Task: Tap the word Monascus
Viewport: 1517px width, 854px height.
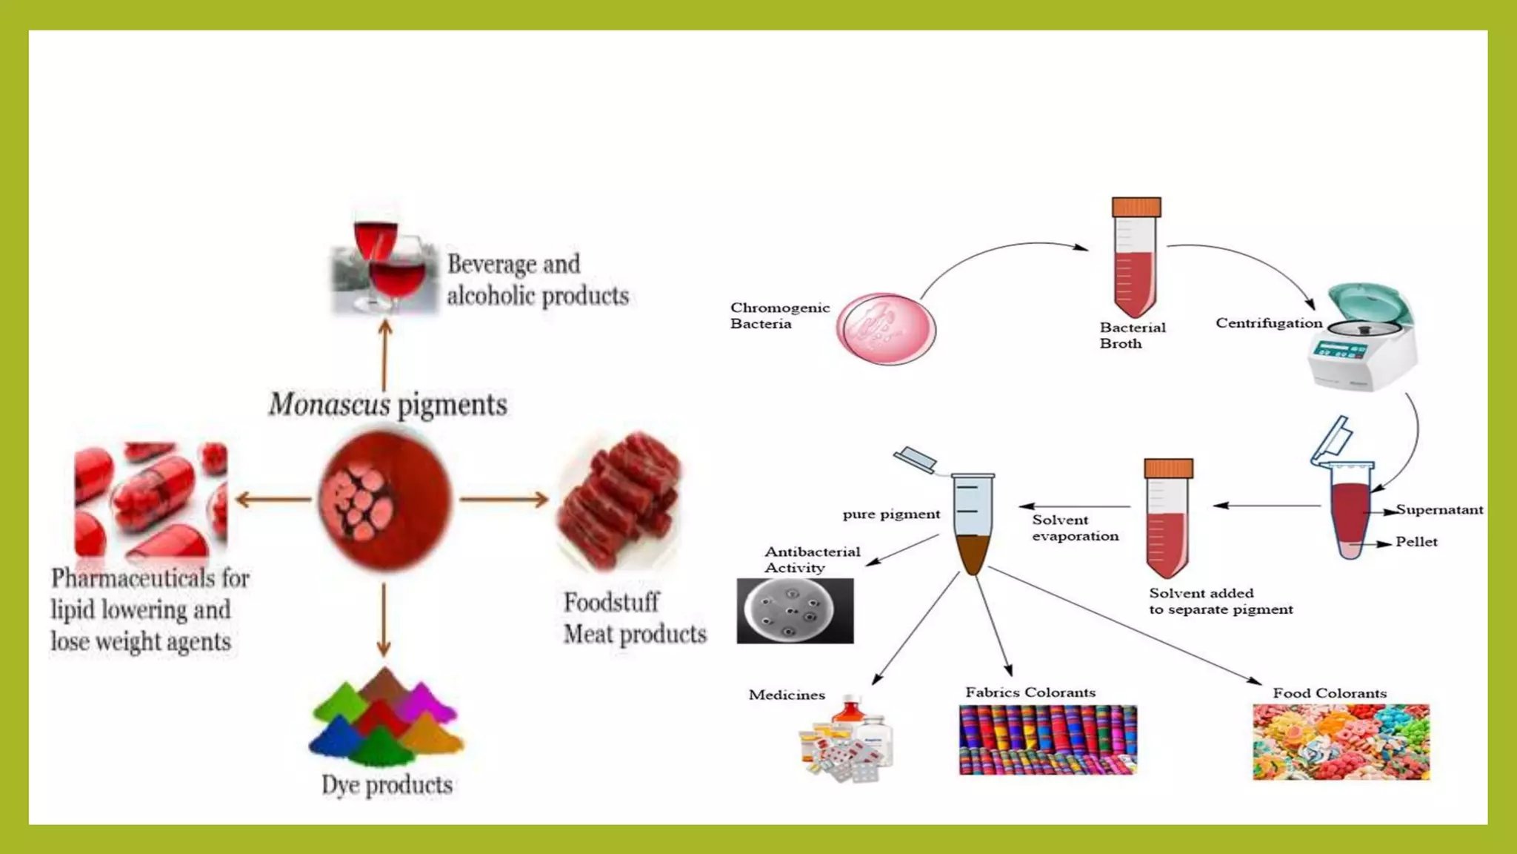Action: point(329,405)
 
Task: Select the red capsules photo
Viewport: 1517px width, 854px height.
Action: point(151,500)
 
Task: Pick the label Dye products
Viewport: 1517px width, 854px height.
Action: point(387,785)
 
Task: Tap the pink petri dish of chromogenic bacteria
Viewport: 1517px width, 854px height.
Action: point(886,328)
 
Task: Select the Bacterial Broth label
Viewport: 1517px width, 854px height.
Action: point(1131,335)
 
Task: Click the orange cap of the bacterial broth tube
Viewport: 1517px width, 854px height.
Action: point(1136,207)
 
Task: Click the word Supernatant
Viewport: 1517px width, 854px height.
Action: point(1439,510)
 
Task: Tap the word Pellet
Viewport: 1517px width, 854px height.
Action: point(1416,542)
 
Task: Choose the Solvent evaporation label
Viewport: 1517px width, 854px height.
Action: point(1075,528)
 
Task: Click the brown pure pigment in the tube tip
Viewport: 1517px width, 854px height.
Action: point(973,553)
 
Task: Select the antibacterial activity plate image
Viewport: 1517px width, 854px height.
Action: point(795,611)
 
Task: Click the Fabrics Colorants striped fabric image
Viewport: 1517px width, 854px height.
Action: point(1047,740)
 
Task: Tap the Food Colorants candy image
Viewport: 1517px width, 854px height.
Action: point(1341,742)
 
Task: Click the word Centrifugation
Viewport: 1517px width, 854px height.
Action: point(1268,323)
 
